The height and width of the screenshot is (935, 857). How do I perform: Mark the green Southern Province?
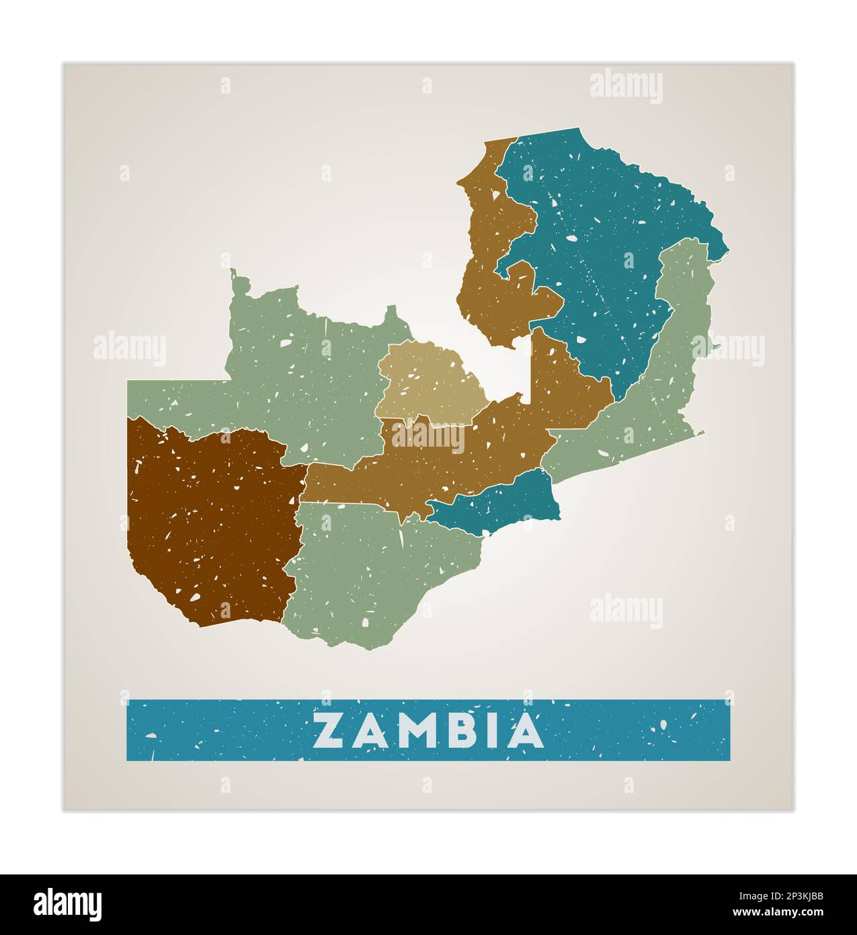point(376,572)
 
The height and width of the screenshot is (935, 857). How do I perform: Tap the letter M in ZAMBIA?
point(415,731)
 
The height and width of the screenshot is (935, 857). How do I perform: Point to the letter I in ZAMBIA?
point(494,731)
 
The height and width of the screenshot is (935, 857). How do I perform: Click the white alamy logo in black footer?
point(67,904)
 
